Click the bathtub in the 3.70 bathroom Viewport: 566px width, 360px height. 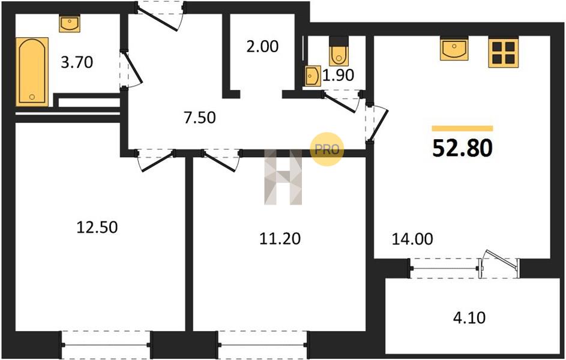tap(32, 71)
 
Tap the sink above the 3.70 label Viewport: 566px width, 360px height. tap(70, 24)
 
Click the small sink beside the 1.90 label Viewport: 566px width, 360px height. tap(312, 76)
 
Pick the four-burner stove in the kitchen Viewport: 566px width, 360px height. tap(503, 53)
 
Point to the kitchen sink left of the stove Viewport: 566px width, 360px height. tap(454, 48)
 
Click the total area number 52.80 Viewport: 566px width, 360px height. tap(462, 148)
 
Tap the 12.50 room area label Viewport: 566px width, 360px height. tap(97, 227)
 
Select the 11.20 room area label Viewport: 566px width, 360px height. tap(280, 238)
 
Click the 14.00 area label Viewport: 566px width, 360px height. tap(412, 239)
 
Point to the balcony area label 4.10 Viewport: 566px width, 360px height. tap(469, 318)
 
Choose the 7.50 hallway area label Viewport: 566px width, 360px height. tap(200, 118)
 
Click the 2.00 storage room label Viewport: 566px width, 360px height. tap(262, 47)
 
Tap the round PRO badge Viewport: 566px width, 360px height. tap(327, 149)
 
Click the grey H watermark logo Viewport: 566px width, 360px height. tap(283, 177)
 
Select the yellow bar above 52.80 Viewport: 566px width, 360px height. tap(462, 128)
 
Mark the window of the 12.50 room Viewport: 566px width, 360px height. tap(106, 345)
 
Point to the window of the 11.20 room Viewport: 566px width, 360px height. tap(262, 345)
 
